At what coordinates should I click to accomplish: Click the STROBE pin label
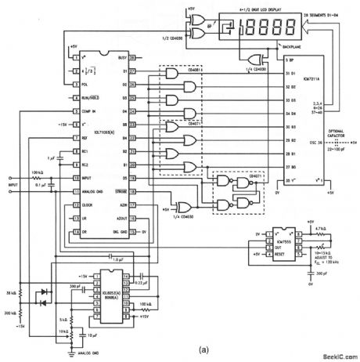[121, 188]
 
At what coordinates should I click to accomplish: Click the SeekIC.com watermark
[338, 355]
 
